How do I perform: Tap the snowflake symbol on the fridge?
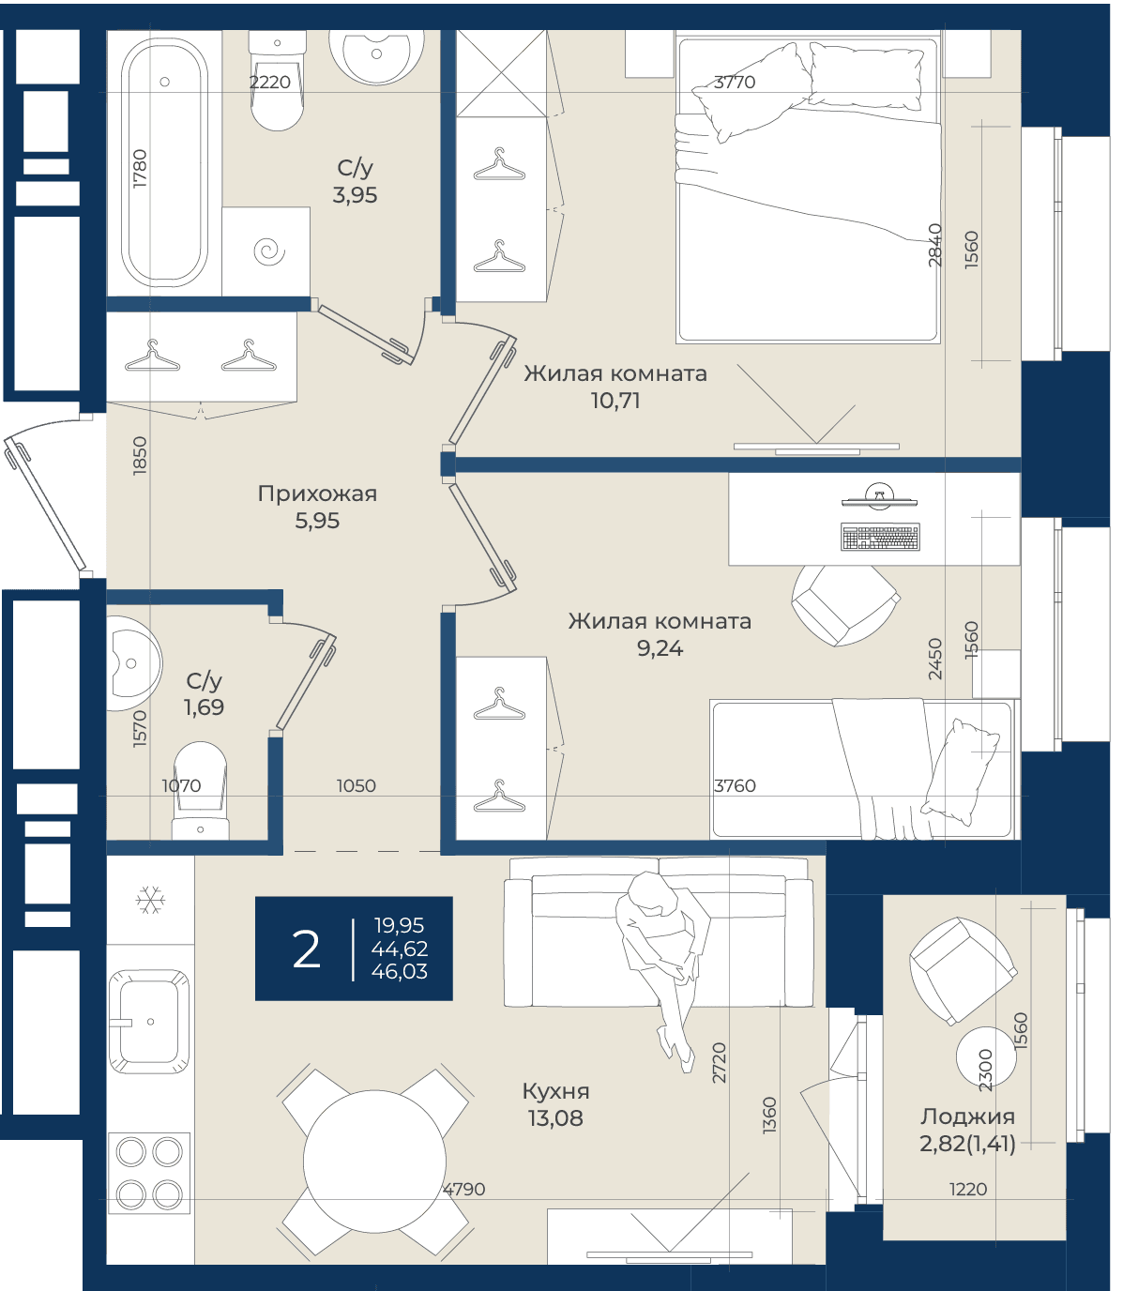click(150, 899)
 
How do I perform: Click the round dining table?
click(374, 1161)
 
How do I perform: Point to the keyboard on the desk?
click(880, 537)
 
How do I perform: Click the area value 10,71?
click(615, 401)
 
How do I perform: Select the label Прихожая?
click(317, 494)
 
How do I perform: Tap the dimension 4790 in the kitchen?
click(463, 1189)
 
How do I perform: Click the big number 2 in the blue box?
click(307, 950)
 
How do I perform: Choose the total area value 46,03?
click(400, 972)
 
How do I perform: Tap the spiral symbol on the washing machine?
click(269, 251)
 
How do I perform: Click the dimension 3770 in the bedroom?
click(735, 82)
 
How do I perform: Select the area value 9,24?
click(660, 648)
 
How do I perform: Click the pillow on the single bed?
click(961, 772)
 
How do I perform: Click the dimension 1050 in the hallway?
click(356, 785)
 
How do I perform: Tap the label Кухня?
click(555, 1091)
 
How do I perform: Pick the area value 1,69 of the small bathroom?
click(204, 706)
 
